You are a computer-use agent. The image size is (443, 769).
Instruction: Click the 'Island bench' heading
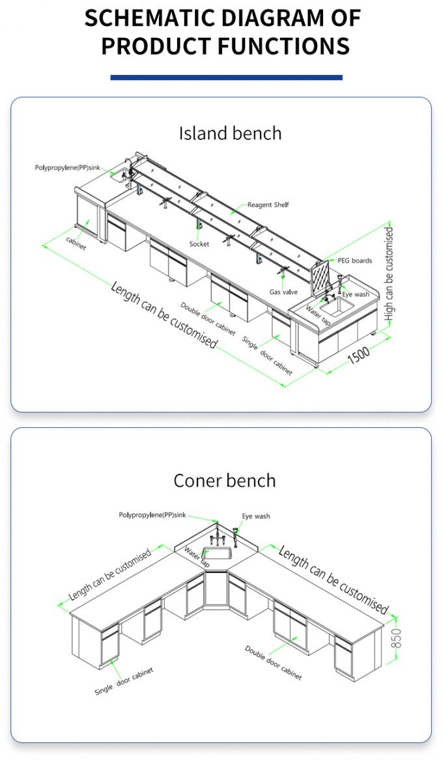230,133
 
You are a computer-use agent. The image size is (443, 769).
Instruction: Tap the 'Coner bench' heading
224,481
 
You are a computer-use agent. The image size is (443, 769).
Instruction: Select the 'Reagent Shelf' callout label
268,205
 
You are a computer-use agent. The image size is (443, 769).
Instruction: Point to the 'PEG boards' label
354,260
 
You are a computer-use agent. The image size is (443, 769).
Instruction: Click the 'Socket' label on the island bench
199,244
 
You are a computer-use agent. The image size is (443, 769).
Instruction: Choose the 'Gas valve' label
283,292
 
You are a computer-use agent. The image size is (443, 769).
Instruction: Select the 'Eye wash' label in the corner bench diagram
256,516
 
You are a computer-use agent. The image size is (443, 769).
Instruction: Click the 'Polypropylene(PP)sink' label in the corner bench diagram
152,515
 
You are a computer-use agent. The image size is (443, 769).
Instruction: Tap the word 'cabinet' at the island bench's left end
76,242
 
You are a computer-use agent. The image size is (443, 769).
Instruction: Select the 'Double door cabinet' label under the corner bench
273,663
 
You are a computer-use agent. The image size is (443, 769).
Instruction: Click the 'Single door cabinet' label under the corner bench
124,680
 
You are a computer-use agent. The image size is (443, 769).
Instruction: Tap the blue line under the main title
226,77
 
